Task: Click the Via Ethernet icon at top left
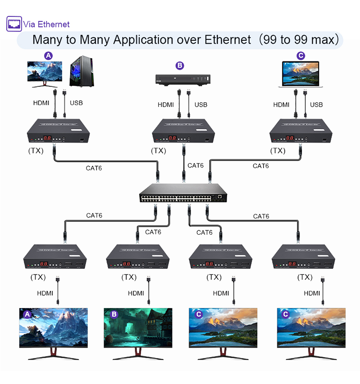tap(14, 24)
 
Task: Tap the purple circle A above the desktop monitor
tap(48, 56)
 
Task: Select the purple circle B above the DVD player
tap(180, 65)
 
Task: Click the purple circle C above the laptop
tap(301, 56)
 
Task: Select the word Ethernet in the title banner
tap(222, 39)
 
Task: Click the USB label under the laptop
tap(316, 105)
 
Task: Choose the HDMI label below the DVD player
tap(166, 105)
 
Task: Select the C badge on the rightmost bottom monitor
tap(286, 314)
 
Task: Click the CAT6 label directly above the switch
tap(195, 166)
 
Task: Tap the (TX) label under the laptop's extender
tap(277, 151)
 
